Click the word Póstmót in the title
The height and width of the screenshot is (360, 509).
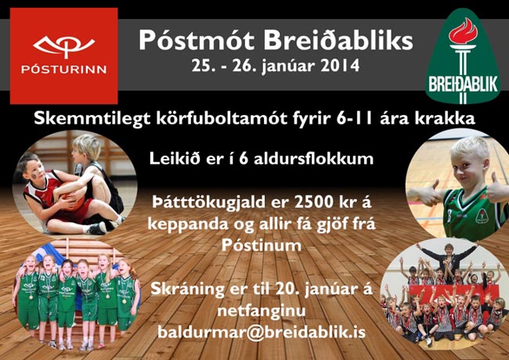click(x=197, y=40)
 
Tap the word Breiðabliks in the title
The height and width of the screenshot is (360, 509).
click(x=338, y=40)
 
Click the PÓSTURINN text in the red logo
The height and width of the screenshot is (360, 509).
click(x=64, y=70)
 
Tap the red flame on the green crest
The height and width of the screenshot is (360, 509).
click(x=463, y=31)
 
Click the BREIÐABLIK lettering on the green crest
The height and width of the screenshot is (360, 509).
click(x=464, y=85)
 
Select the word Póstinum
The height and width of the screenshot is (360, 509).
click(x=262, y=246)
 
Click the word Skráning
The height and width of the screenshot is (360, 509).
click(x=187, y=290)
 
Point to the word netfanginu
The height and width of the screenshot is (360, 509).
click(x=262, y=311)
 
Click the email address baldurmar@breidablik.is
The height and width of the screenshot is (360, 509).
click(x=262, y=332)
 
